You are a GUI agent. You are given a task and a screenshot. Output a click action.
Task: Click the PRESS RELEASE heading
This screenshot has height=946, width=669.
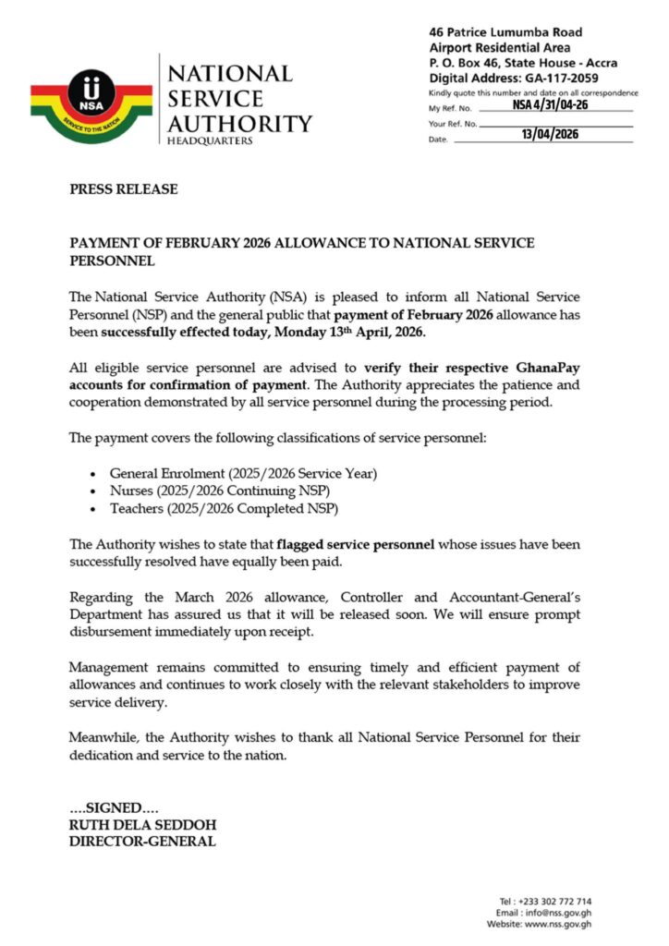click(x=124, y=189)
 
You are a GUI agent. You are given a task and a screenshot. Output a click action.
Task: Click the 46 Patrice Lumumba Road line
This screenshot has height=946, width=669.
click(x=518, y=32)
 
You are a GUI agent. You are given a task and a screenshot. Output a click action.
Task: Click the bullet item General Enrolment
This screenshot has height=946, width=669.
click(x=243, y=473)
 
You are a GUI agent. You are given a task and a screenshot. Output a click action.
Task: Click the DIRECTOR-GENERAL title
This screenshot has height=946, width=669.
click(x=142, y=841)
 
